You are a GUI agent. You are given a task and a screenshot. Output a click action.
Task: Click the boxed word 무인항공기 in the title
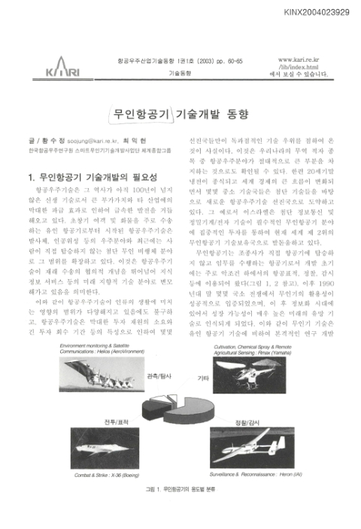[141, 115]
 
